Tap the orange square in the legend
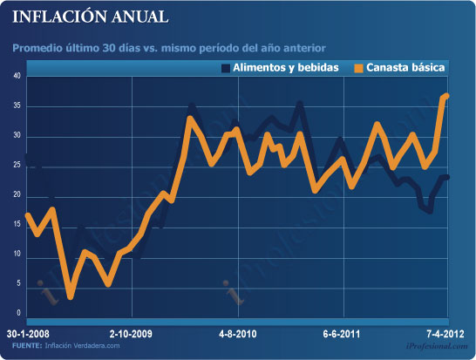357,67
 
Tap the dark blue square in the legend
226,67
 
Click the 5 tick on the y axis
17,284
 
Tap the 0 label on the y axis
17,313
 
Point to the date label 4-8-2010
237,334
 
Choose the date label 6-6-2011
342,334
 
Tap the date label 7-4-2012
445,334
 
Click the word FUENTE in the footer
27,346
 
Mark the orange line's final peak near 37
446,95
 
